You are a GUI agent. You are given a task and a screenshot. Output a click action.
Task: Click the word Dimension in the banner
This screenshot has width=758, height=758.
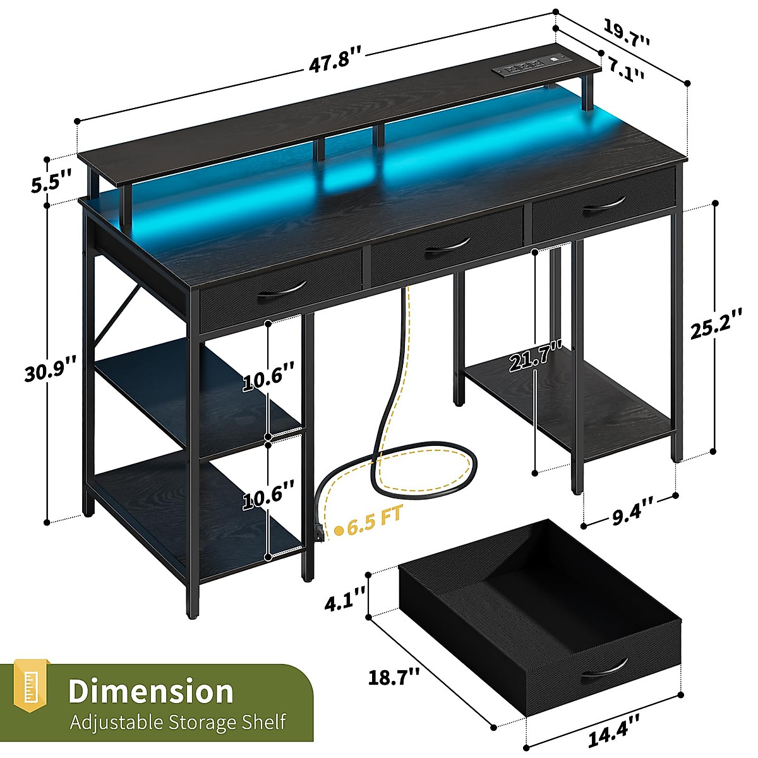(151, 691)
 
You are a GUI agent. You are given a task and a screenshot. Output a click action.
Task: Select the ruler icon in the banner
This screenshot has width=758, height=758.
(31, 690)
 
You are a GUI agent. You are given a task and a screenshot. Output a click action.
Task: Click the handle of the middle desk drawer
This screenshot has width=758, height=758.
(447, 248)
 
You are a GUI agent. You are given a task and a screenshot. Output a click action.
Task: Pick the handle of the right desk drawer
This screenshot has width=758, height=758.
(604, 208)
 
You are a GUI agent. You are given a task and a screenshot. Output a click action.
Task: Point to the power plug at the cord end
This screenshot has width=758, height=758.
(319, 532)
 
